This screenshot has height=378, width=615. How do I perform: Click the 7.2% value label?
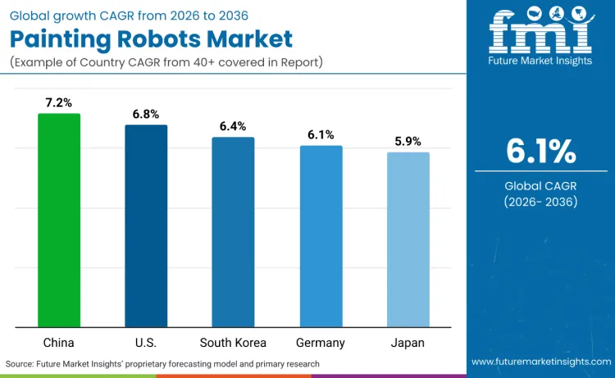[59, 102]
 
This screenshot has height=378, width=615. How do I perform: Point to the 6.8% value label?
[146, 114]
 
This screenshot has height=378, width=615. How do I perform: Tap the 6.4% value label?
[233, 126]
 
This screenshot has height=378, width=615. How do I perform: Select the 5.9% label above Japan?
[408, 141]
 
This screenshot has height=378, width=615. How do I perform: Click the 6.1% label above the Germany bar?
[321, 134]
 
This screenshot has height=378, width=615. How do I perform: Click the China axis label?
[59, 342]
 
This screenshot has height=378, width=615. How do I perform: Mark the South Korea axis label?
[233, 342]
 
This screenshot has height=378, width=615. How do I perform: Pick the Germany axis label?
[321, 342]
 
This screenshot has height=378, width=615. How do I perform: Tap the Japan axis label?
[408, 342]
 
